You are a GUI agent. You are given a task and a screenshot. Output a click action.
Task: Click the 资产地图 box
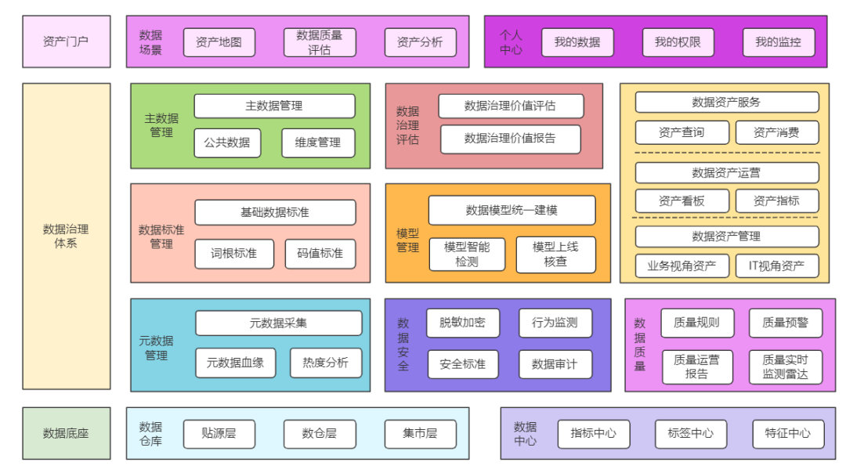(x=219, y=42)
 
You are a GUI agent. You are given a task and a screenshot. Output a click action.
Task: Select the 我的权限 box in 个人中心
(x=678, y=42)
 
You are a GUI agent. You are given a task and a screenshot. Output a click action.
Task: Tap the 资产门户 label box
(x=67, y=42)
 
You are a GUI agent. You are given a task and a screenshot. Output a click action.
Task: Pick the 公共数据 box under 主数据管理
(x=227, y=143)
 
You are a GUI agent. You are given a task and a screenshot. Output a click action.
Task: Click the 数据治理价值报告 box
(x=510, y=139)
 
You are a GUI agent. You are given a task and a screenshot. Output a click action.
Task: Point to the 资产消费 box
(x=776, y=132)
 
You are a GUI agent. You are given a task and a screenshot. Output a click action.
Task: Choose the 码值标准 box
(x=320, y=254)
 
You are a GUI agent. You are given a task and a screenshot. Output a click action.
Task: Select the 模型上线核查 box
(x=555, y=255)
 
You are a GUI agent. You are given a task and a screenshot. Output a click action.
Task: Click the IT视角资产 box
(x=776, y=265)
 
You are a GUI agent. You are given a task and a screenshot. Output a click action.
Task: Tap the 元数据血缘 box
(x=235, y=363)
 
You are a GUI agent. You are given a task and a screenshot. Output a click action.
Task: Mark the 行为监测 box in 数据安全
(x=555, y=323)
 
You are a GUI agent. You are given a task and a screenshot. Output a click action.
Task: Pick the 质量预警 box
(x=785, y=323)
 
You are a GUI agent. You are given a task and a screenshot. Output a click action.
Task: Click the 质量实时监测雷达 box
(x=785, y=366)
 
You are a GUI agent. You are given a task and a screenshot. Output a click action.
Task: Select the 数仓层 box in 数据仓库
(x=320, y=434)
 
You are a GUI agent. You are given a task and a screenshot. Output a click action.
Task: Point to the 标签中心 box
(x=690, y=434)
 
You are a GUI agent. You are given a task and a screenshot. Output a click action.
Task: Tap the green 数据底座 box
(x=67, y=433)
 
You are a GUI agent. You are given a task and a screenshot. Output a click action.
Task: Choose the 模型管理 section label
(x=407, y=240)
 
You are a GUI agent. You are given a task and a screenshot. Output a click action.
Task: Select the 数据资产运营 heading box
(x=726, y=172)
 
